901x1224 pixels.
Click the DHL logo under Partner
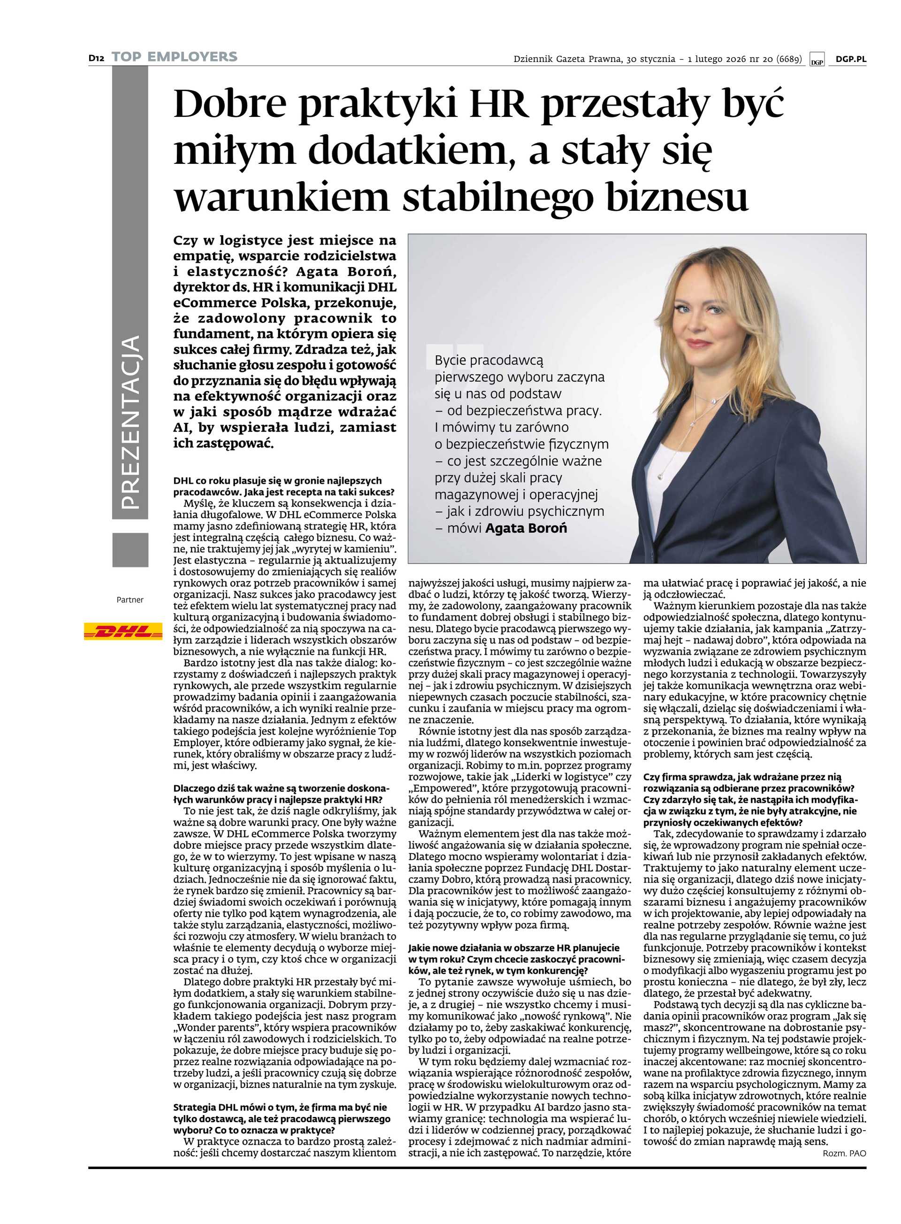click(123, 631)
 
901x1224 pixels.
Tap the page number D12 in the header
click(97, 58)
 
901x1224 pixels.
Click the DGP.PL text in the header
click(851, 60)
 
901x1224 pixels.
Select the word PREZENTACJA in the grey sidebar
click(130, 423)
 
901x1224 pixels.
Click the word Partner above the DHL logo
click(130, 600)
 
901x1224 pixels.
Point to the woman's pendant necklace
click(662, 476)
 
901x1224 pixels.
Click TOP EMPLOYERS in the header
click(175, 57)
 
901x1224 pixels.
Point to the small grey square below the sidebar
click(130, 550)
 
